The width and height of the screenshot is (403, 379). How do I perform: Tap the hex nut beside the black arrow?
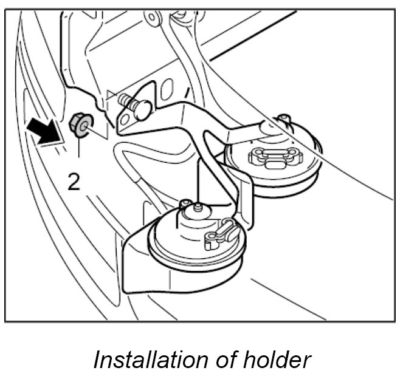pos(80,125)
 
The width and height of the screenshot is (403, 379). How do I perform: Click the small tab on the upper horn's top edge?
pos(281,118)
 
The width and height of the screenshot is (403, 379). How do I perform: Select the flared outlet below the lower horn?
pos(137,261)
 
